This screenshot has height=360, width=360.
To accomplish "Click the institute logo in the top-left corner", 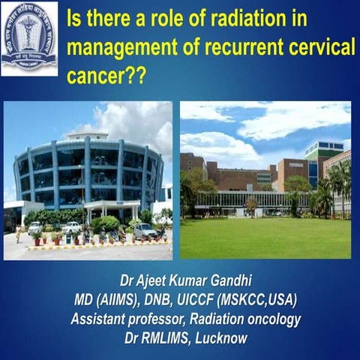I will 29,37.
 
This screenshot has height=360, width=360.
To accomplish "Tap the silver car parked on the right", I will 145,231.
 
